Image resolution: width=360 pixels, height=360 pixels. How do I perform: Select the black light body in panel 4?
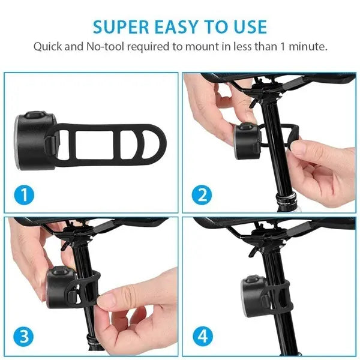tap(252, 295)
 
